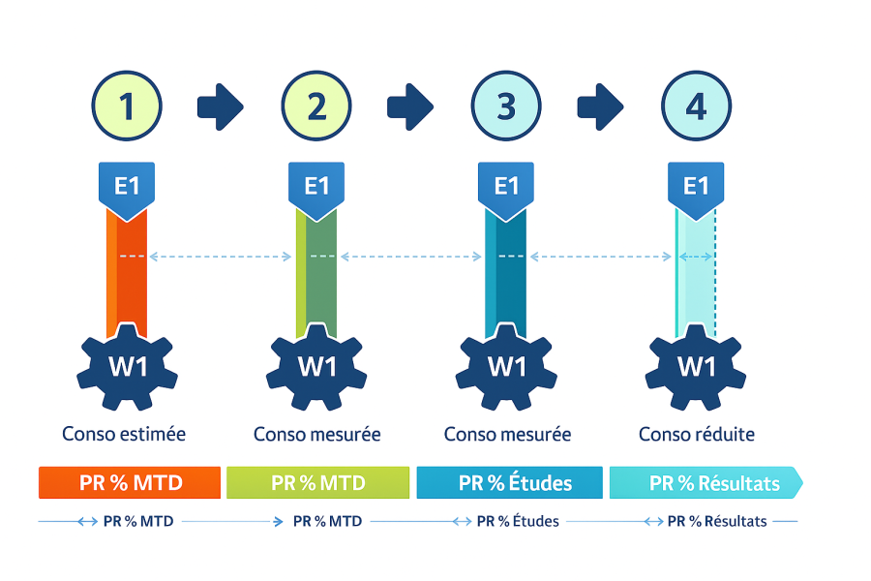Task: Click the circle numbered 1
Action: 127,107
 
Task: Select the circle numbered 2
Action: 316,107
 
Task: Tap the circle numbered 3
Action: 506,107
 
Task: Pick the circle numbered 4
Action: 696,107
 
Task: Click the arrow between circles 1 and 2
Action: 221,107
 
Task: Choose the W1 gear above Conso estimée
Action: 127,366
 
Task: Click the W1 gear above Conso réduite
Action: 696,366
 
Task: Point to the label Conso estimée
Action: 124,434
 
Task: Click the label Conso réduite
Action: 696,434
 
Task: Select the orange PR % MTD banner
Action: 130,482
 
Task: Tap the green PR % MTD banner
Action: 317,482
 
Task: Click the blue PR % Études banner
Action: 509,482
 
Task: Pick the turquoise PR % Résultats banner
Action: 705,482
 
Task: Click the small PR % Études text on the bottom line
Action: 518,521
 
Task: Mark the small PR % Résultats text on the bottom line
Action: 717,521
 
